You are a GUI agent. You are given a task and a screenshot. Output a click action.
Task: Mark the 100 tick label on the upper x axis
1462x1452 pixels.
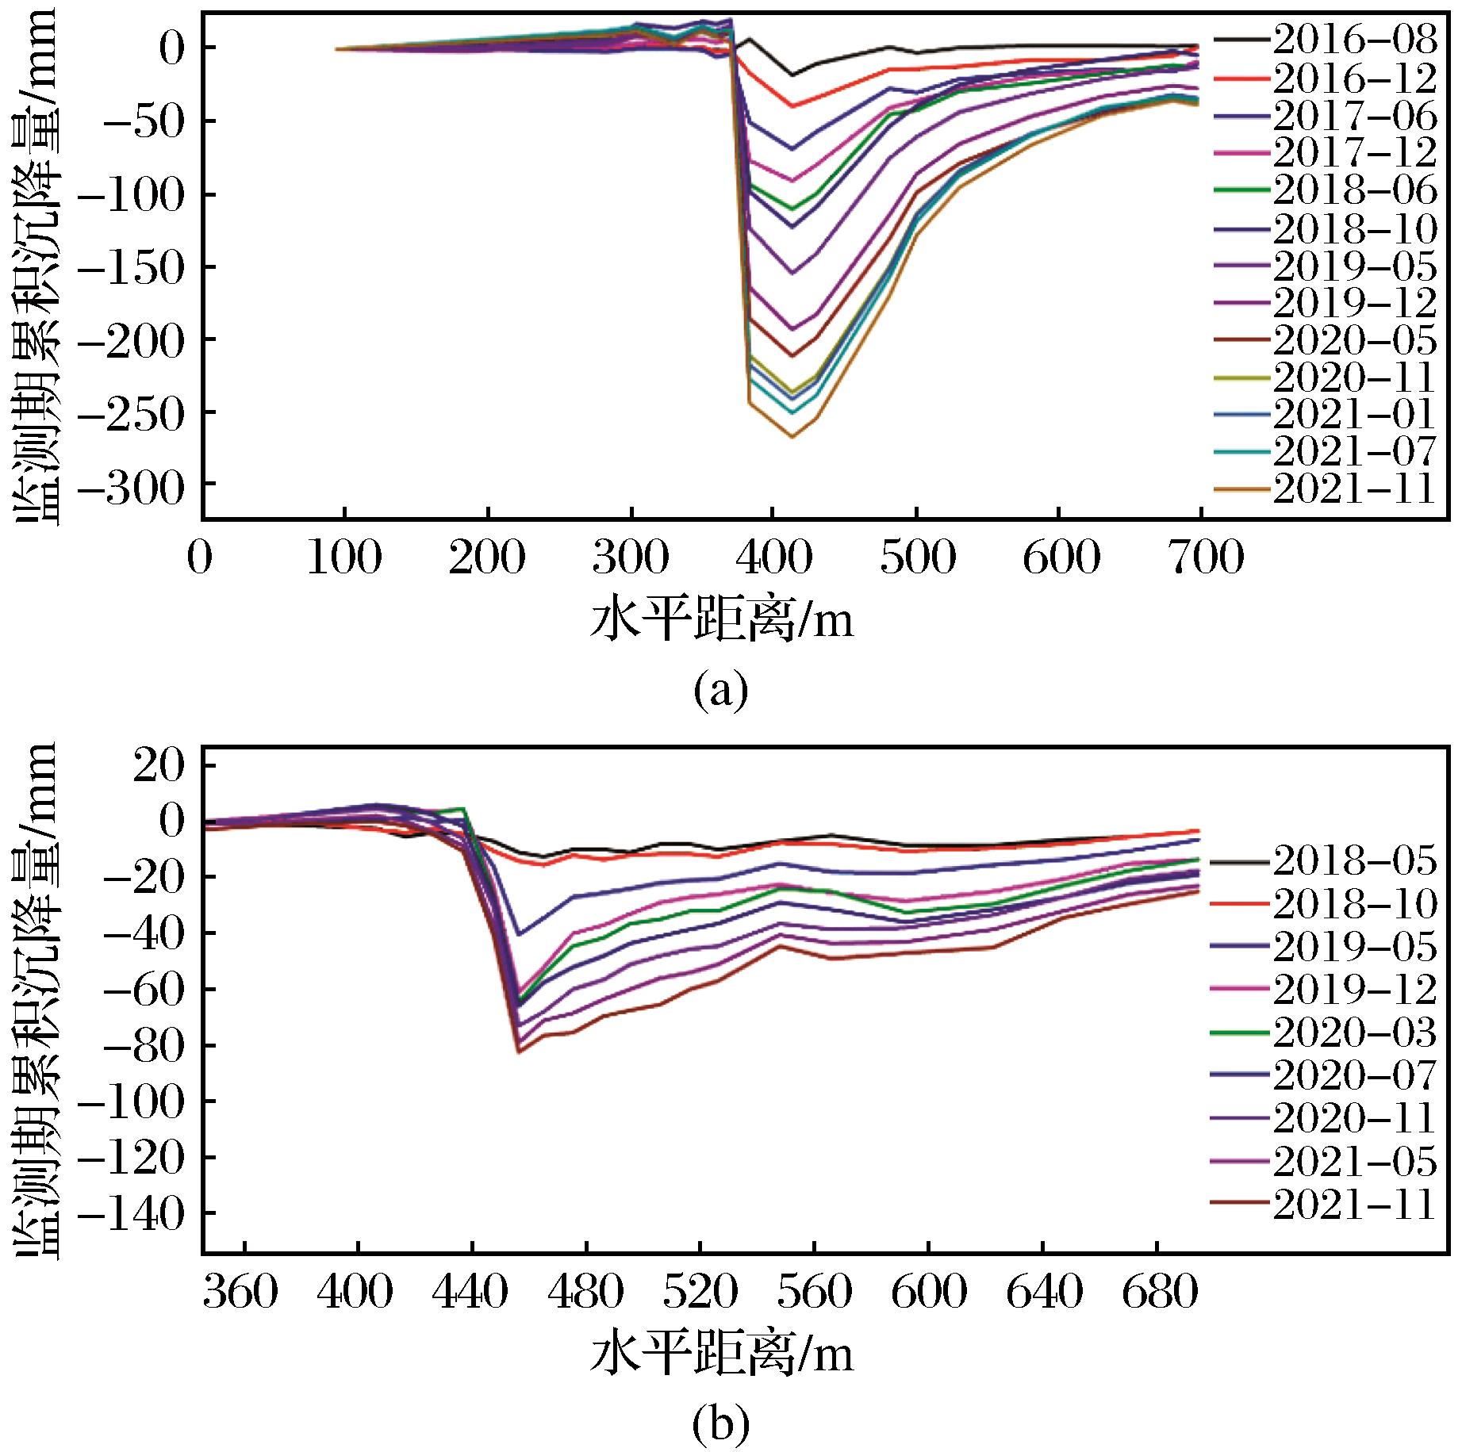344,560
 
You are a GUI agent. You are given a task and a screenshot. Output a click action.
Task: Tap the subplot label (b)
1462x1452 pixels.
720,1426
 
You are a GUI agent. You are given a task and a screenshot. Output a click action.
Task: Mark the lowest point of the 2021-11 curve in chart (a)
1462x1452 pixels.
792,436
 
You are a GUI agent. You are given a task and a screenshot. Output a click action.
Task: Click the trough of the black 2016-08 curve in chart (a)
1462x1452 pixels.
792,75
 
